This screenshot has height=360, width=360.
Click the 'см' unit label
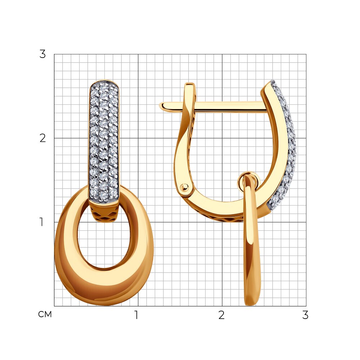coord(45,314)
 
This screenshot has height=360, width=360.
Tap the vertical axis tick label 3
coord(42,54)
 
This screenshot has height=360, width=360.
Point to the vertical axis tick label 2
coord(42,138)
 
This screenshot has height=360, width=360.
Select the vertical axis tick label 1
coord(41,222)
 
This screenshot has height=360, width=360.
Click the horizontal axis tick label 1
coord(136,315)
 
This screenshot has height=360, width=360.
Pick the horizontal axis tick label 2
coord(221,315)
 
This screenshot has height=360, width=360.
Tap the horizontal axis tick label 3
coord(305,315)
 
